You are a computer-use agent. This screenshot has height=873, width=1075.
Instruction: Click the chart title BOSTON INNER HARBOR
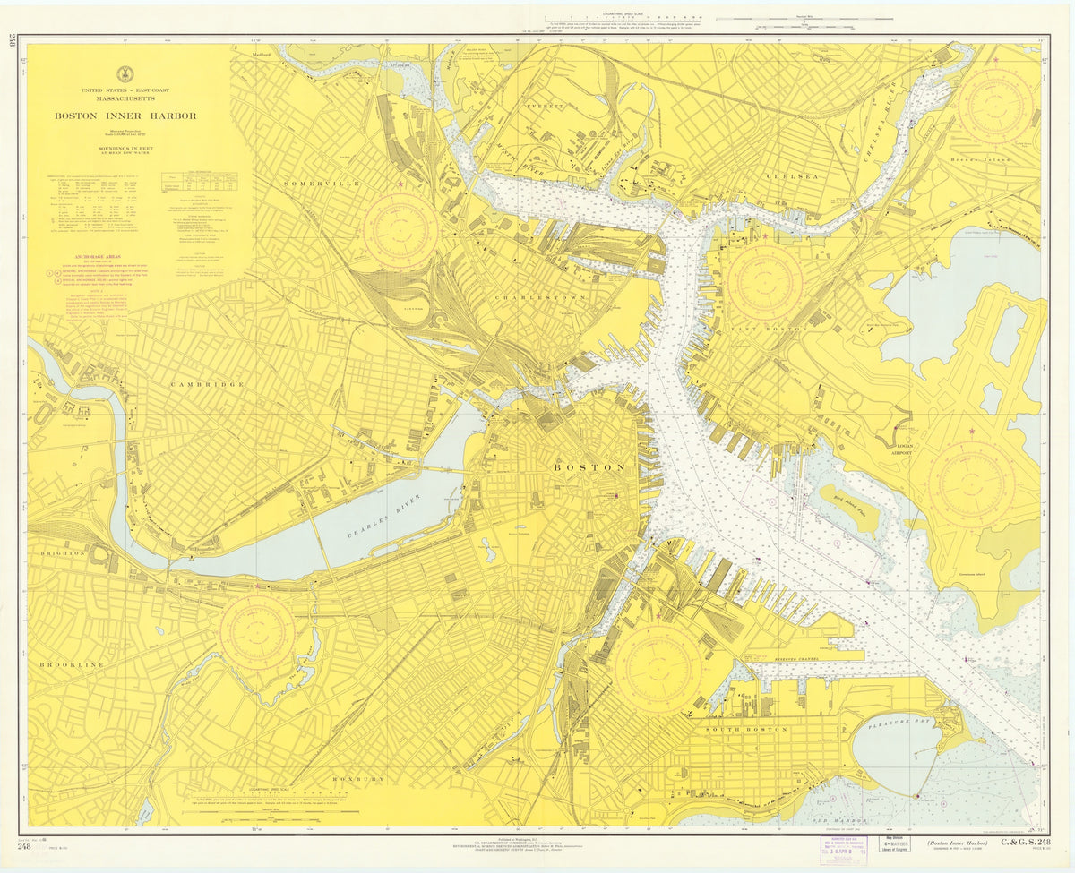125,116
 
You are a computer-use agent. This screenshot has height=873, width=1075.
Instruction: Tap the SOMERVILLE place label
322,184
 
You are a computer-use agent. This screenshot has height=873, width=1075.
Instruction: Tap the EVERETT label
546,107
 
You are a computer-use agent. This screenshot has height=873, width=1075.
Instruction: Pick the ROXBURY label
357,779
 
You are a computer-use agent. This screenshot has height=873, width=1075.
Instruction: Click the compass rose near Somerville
400,230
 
